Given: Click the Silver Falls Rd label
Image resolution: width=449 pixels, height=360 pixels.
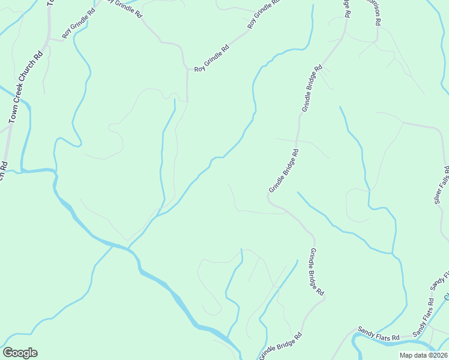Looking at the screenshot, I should [442, 184].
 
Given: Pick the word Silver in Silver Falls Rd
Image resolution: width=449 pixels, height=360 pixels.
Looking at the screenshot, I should [439, 194].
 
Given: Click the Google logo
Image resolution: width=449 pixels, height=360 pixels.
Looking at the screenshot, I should [20, 353].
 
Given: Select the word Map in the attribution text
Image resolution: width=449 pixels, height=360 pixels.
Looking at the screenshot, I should [406, 355].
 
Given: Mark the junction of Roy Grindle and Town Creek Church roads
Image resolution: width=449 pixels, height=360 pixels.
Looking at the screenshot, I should [49, 38].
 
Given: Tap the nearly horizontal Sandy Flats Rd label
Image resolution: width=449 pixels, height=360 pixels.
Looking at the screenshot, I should [379, 334].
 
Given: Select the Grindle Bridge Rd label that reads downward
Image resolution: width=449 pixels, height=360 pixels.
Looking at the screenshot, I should [317, 272].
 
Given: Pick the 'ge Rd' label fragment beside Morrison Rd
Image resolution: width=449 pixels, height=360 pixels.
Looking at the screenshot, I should [348, 8].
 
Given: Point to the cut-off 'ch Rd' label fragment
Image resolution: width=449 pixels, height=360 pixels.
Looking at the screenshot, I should [3, 170].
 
